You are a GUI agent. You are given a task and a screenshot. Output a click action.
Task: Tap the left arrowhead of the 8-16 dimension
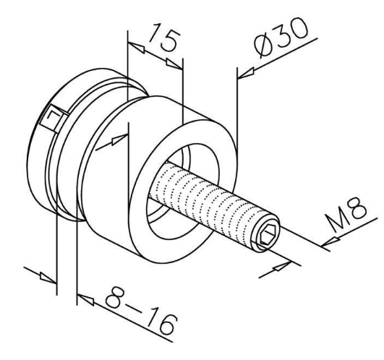[x=48, y=277]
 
